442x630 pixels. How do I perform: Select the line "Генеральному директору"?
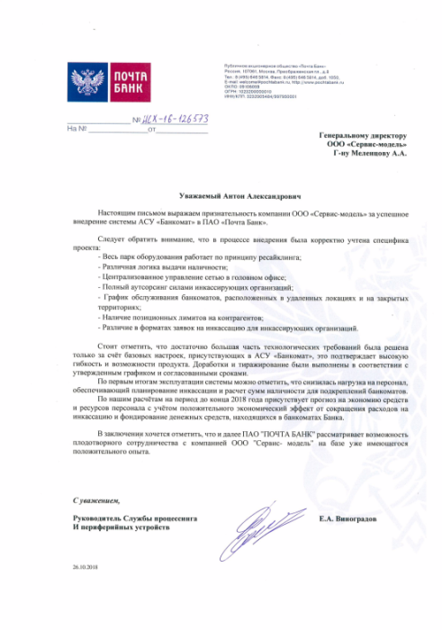coord(362,137)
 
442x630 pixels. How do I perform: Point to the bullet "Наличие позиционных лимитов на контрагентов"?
coord(179,320)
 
